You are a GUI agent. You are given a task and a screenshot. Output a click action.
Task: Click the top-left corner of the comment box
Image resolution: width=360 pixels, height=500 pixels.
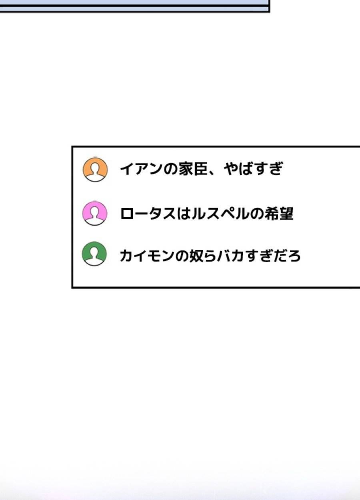pyautogui.click(x=72, y=147)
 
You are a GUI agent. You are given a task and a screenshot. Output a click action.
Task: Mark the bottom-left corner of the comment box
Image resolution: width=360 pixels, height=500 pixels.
pyautogui.click(x=72, y=288)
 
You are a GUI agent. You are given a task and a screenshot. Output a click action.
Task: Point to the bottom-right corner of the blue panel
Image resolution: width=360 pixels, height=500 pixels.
pyautogui.click(x=269, y=12)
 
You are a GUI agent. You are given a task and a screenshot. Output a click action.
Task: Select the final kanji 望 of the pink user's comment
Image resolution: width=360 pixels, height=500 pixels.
pyautogui.click(x=286, y=214)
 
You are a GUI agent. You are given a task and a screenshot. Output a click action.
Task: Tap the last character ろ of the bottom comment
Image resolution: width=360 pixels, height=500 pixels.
pyautogui.click(x=294, y=256)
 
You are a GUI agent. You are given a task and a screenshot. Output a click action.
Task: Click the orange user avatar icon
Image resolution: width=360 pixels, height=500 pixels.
pyautogui.click(x=95, y=170)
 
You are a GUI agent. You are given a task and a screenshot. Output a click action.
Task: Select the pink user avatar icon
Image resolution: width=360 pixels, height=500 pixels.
pyautogui.click(x=95, y=213)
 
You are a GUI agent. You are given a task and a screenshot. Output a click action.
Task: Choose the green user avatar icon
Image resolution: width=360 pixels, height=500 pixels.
pyautogui.click(x=94, y=254)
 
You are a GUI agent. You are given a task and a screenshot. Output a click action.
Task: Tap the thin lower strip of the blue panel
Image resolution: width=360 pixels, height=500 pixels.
pyautogui.click(x=134, y=9)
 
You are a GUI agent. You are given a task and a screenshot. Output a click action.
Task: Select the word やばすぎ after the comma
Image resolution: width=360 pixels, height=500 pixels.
pyautogui.click(x=254, y=169)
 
